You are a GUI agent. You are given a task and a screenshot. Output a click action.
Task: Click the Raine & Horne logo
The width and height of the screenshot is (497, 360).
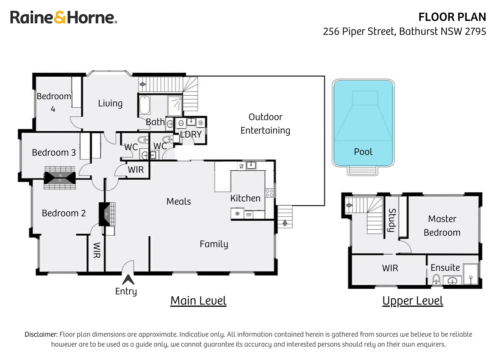tap(64, 17)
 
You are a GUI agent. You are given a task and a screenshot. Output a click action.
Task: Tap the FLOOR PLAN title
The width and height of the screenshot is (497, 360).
tap(452, 17)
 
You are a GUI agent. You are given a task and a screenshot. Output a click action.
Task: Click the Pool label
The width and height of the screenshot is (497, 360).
tap(363, 152)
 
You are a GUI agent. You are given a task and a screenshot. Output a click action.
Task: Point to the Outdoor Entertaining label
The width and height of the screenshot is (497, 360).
tap(265, 124)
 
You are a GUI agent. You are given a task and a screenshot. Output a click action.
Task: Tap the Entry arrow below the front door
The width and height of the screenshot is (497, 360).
tap(128, 279)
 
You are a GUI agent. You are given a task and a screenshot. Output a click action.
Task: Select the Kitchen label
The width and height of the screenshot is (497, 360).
tap(245, 198)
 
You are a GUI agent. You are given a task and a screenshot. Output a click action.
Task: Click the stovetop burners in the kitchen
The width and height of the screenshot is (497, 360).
tap(269, 193)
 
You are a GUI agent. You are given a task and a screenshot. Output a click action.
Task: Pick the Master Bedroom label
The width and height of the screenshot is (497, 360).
tap(442, 226)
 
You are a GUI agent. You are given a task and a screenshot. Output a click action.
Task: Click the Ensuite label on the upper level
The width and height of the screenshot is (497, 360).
tap(445, 268)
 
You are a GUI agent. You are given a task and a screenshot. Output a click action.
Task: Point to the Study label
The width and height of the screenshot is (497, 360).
tap(392, 220)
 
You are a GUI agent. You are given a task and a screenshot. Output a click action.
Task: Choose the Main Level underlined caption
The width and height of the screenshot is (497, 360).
tap(198, 301)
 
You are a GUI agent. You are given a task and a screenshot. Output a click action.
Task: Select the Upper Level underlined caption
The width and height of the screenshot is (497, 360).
tap(412, 301)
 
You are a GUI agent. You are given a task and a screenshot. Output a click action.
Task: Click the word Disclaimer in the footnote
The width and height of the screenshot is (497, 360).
tap(41, 334)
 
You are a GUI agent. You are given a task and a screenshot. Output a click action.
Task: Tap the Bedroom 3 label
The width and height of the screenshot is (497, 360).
tap(54, 153)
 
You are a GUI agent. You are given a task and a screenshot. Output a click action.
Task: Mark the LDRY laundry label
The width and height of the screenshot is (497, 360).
tap(191, 134)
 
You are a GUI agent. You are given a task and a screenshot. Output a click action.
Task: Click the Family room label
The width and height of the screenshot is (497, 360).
tap(214, 244)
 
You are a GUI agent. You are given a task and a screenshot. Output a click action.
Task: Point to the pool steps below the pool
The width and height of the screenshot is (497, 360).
tap(363, 171)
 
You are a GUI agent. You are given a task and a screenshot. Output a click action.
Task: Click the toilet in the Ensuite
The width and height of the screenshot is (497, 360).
tap(436, 279)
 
